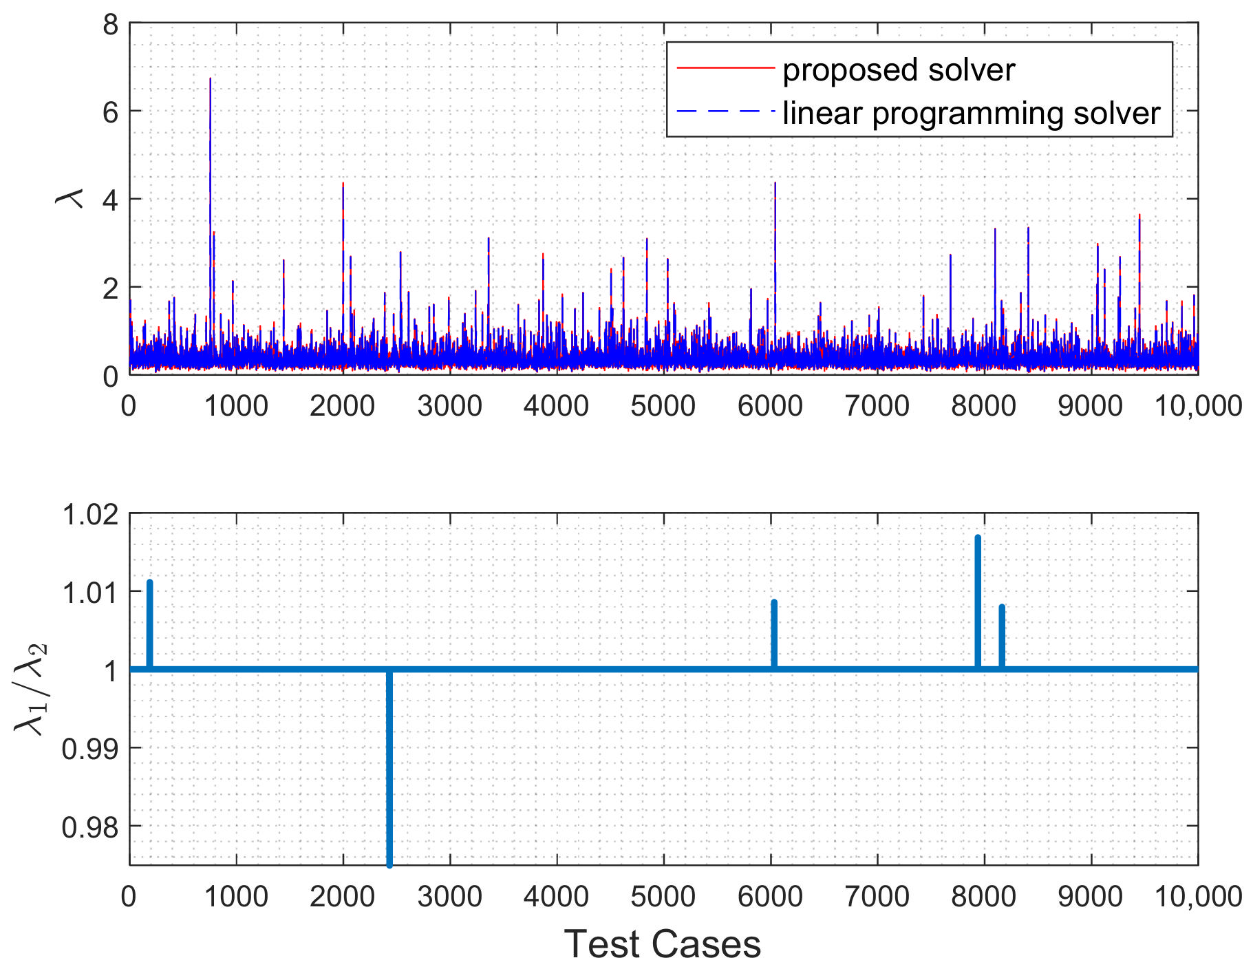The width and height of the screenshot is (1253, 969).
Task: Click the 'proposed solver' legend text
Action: [898, 70]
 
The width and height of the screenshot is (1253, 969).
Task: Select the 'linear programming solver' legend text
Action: [971, 114]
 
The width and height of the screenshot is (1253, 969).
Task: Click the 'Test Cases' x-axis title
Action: [663, 944]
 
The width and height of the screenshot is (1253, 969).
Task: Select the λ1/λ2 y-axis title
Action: [30, 688]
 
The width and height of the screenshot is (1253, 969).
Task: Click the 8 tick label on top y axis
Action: [110, 25]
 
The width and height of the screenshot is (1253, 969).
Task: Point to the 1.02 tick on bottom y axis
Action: [90, 514]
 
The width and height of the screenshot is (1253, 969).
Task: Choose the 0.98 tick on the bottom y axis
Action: [90, 827]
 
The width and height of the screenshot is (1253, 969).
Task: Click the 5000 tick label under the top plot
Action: [663, 406]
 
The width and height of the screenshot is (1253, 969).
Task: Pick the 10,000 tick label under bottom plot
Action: [1198, 897]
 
